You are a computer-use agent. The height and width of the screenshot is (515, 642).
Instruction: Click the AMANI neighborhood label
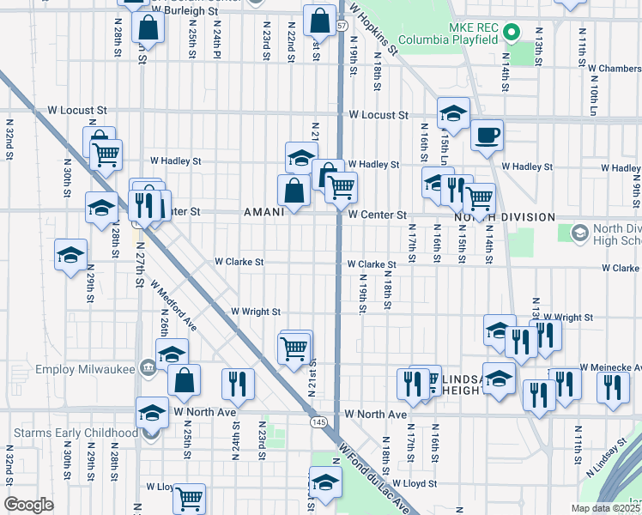(x=263, y=212)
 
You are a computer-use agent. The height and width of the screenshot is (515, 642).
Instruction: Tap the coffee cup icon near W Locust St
(x=487, y=135)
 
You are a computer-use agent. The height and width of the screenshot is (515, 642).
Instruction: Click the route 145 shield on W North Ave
(x=318, y=422)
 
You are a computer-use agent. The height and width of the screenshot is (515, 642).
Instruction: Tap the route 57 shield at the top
(x=342, y=26)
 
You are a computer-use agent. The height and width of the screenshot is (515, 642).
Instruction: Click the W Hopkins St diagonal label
(x=374, y=30)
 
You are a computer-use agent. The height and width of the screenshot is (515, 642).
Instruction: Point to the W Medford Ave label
(x=173, y=305)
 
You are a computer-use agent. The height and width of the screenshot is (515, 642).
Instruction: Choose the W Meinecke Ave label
(x=610, y=367)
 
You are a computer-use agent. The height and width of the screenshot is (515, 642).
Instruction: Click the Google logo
(x=28, y=505)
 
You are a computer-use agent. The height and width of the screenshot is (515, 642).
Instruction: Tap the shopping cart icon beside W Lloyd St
(x=189, y=497)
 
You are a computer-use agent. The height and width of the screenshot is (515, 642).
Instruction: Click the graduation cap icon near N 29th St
(x=70, y=255)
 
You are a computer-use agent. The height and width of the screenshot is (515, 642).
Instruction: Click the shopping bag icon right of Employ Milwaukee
(x=184, y=379)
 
